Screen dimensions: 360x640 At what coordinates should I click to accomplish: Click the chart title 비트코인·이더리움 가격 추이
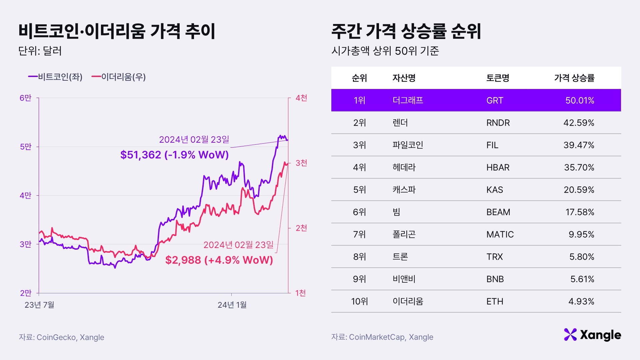pos(117,31)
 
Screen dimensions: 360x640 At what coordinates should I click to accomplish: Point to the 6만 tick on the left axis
pos(25,98)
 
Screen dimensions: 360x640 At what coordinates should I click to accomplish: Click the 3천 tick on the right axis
pos(301,163)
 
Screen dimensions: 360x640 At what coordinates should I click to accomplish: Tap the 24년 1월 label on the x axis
pos(232,305)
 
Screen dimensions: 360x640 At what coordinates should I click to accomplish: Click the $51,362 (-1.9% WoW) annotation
pos(174,155)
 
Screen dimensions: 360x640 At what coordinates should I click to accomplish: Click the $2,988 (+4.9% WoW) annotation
pos(219,260)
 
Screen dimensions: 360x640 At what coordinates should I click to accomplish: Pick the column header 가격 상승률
pos(574,78)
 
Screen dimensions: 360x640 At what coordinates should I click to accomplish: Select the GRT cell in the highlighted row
pos(495,100)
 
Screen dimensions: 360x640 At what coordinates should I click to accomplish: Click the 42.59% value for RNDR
pos(579,123)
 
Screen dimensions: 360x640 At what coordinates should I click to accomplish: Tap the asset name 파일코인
pos(408,145)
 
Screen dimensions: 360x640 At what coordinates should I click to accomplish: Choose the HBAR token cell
pos(498,167)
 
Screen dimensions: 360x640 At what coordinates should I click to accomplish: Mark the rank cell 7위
pos(359,234)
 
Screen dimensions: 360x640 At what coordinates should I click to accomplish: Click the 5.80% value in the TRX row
pos(582,257)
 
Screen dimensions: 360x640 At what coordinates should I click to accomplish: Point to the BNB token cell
pos(495,279)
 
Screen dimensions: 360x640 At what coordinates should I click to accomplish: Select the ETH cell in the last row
pos(495,301)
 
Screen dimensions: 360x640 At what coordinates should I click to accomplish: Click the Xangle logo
pos(592,335)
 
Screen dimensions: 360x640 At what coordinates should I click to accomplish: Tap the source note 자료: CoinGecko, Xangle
pos(61,337)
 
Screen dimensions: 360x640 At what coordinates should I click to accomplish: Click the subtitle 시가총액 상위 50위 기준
pos(385,51)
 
